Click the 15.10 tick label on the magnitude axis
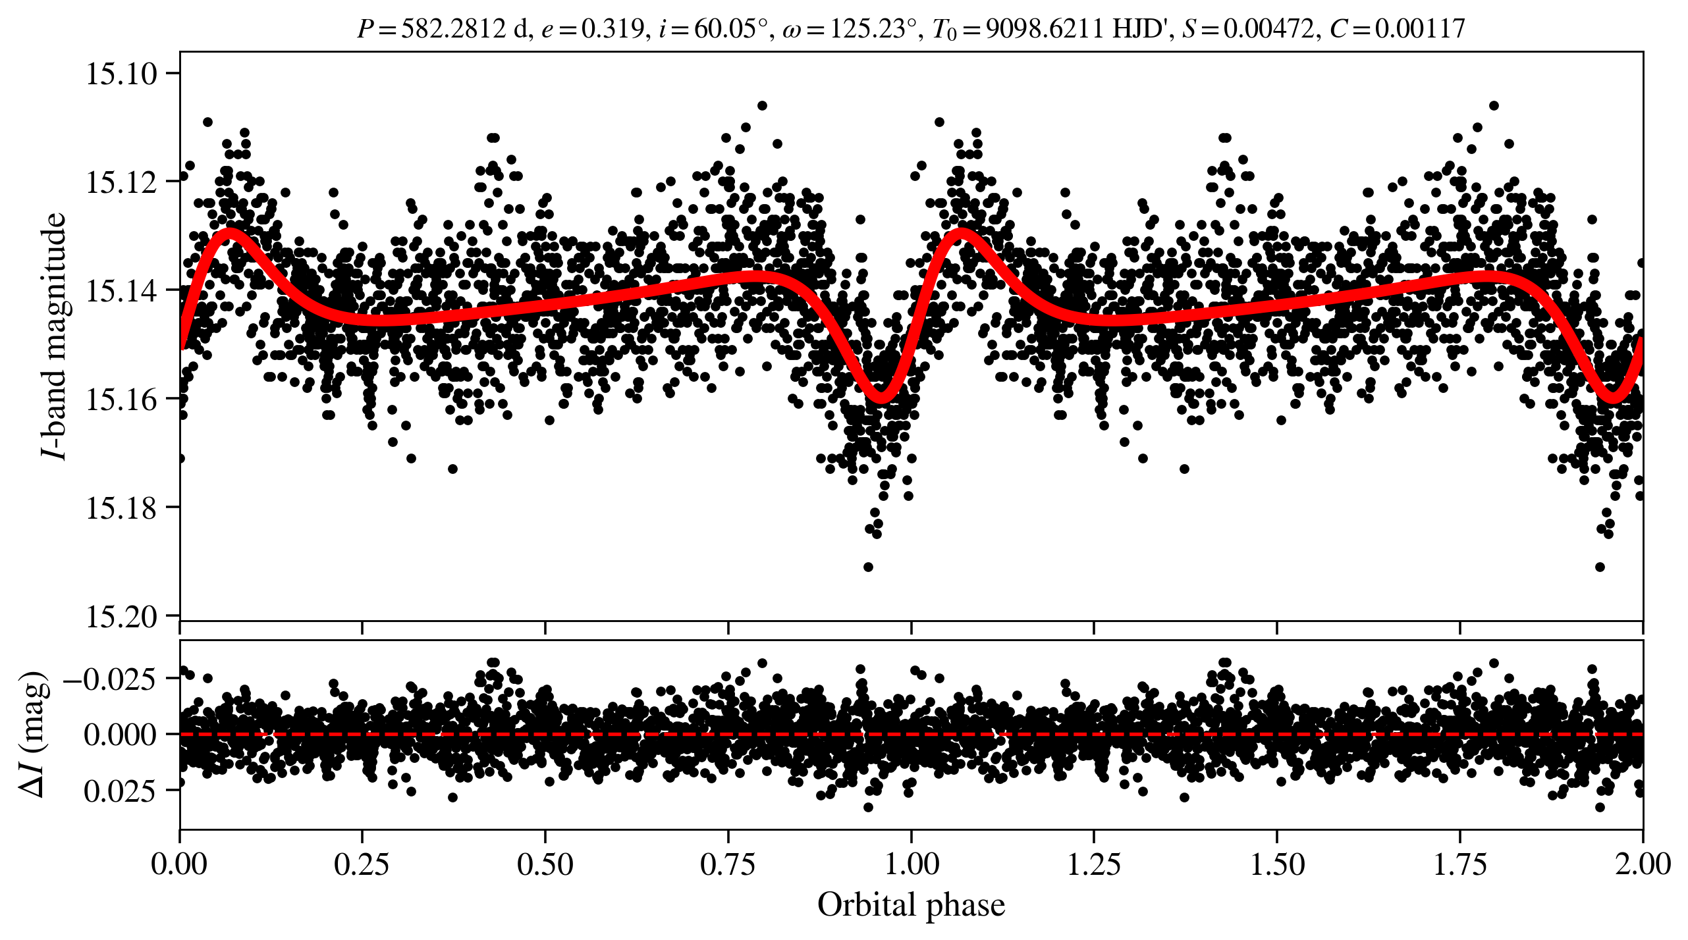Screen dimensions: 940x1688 tap(122, 74)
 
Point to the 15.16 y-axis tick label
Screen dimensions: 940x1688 tap(122, 400)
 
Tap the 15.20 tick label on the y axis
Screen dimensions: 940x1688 tap(122, 617)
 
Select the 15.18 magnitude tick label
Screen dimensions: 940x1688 tap(122, 508)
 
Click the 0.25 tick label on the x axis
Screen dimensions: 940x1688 tap(362, 864)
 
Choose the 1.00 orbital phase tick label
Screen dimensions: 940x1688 tap(911, 864)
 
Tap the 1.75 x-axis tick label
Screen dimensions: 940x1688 tap(1459, 864)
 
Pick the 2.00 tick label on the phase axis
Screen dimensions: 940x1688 tap(1642, 864)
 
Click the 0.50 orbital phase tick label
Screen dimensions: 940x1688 tap(545, 864)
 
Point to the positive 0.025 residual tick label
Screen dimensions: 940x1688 tap(120, 791)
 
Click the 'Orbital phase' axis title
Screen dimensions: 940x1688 tap(911, 905)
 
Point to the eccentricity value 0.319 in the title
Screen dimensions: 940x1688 tap(612, 29)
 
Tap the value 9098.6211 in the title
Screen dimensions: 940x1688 tap(1044, 29)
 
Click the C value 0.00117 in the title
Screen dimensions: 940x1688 tap(1419, 29)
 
